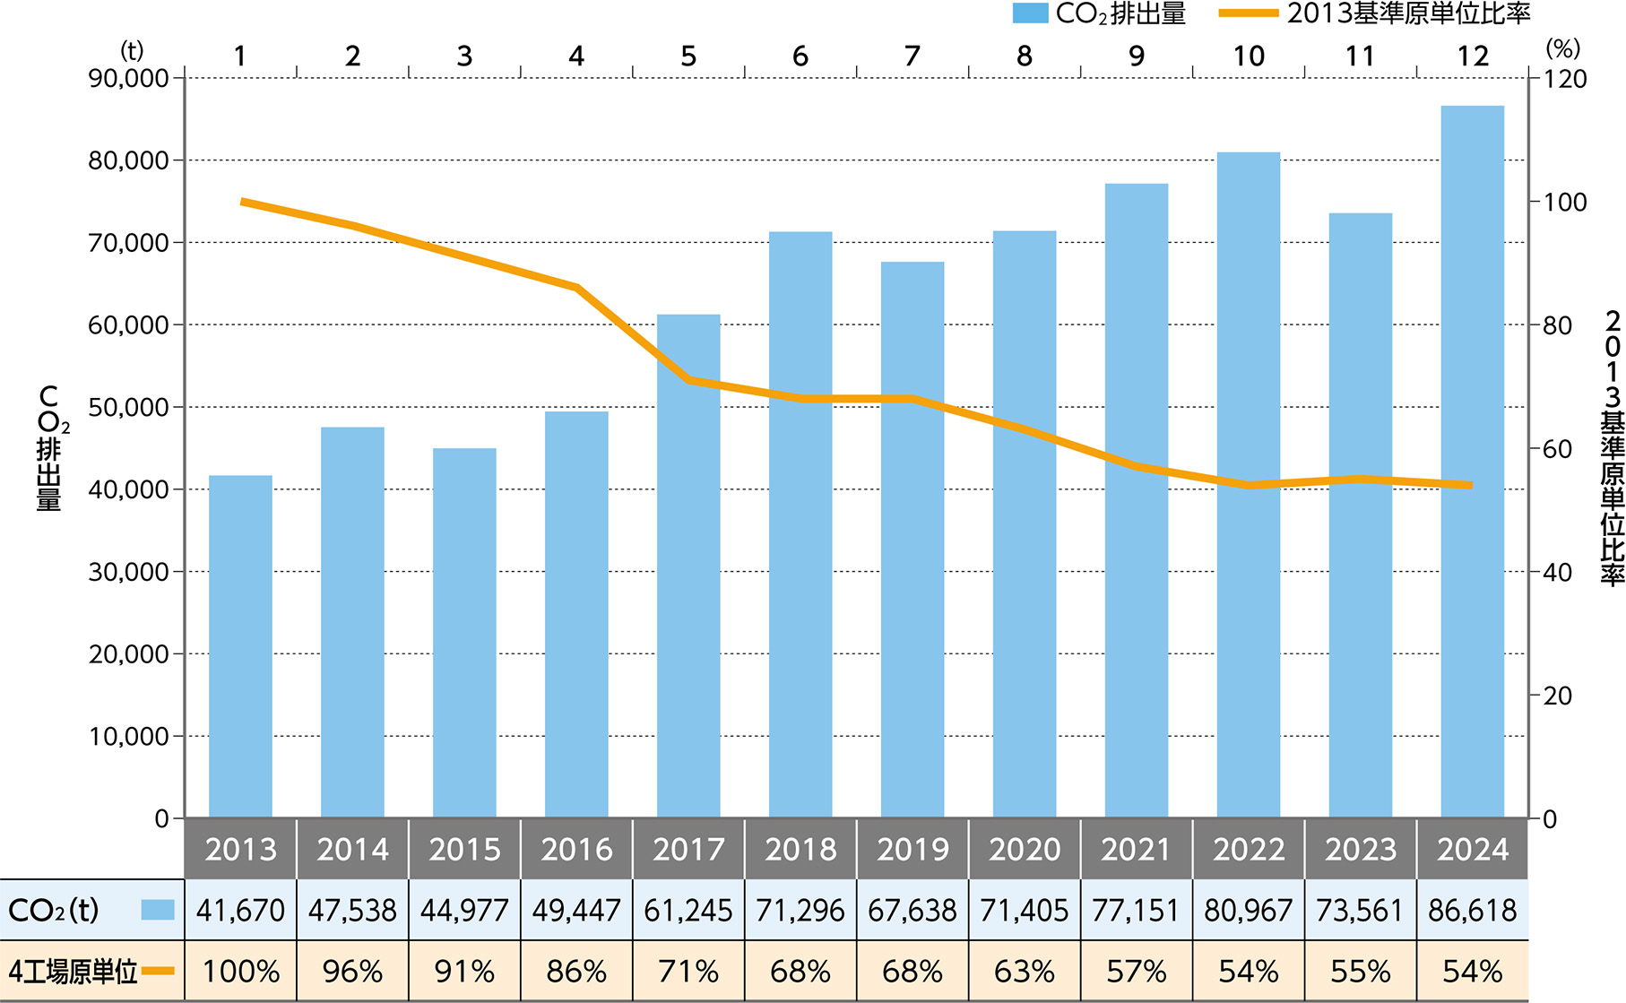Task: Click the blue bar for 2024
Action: click(1473, 462)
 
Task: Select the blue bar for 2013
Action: click(240, 645)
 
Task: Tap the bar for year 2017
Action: click(688, 565)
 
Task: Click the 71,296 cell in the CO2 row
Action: click(800, 911)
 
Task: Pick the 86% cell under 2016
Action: click(576, 972)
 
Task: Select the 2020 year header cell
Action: click(1025, 849)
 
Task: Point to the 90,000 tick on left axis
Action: click(129, 79)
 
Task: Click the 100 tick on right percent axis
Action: click(1564, 203)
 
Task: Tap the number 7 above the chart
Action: click(912, 56)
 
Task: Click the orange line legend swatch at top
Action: click(1249, 13)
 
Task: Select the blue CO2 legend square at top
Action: click(1030, 13)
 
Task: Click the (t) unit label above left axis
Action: click(132, 50)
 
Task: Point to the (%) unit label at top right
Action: click(1563, 48)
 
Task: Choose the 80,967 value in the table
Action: click(1249, 911)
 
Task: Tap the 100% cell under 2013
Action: click(240, 972)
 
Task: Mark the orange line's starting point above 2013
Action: click(243, 202)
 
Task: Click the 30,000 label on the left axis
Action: click(129, 572)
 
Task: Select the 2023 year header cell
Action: click(1361, 849)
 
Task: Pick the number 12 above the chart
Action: click(1473, 56)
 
